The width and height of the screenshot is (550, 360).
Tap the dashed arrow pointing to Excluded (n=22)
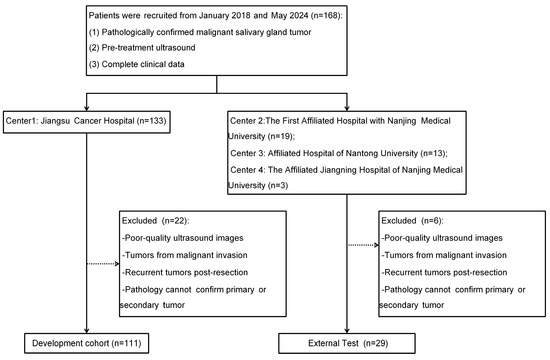(x=100, y=264)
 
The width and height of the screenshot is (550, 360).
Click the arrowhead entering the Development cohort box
(x=87, y=328)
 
